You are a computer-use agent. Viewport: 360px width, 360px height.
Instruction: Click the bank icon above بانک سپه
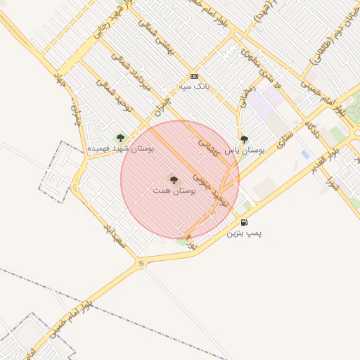tap(194, 76)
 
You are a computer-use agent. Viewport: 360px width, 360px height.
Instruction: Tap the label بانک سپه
tap(195, 86)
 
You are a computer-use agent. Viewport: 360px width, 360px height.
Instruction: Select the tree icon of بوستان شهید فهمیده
tap(120, 138)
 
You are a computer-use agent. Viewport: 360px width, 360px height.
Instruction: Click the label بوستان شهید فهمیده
tap(121, 149)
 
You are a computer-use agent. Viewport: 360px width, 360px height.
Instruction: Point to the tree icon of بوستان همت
tap(174, 179)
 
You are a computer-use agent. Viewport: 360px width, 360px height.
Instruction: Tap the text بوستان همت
tap(173, 191)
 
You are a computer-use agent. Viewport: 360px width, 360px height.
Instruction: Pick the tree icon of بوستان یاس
tap(244, 139)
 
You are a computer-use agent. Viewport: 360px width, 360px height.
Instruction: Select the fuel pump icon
tap(244, 223)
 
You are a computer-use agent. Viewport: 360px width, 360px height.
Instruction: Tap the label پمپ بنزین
tap(244, 233)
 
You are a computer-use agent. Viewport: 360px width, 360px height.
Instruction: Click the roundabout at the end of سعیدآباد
tap(141, 264)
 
